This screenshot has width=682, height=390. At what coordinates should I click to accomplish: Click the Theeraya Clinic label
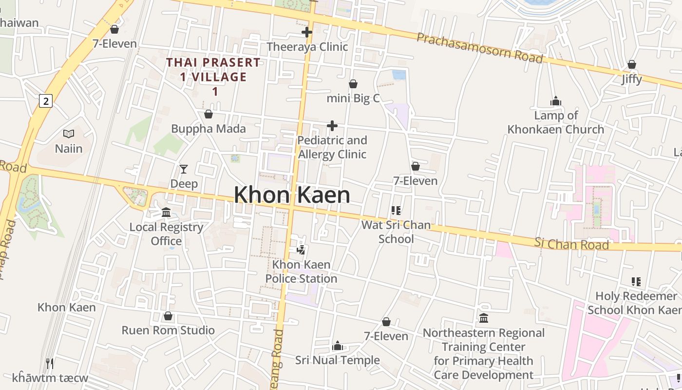(x=307, y=47)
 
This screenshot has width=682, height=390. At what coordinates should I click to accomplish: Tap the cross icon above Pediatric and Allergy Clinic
(x=332, y=126)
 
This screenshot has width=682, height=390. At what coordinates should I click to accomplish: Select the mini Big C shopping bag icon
(x=353, y=84)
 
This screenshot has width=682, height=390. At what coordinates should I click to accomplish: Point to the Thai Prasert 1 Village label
(x=213, y=77)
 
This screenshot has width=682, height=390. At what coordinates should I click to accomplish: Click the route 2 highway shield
(x=46, y=101)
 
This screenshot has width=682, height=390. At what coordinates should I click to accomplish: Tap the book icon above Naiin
(x=69, y=134)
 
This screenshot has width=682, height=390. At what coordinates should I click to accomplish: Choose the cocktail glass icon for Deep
(x=184, y=169)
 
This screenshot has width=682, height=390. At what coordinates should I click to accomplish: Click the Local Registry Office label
(x=166, y=234)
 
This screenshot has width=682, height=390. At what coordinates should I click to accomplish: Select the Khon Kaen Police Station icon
(x=301, y=250)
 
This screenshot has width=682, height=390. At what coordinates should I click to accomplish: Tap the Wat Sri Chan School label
(x=396, y=232)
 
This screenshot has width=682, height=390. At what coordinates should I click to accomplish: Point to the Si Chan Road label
(x=571, y=244)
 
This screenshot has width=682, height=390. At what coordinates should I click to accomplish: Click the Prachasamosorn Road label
(x=479, y=48)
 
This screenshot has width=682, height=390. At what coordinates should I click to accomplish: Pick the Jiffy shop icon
(x=632, y=64)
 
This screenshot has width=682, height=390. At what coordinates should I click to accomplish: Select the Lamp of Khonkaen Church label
(x=556, y=122)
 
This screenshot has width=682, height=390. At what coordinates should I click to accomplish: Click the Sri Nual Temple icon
(x=337, y=347)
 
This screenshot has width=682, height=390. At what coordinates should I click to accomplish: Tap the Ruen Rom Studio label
(x=168, y=330)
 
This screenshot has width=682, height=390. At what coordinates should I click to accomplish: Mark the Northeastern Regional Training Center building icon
(x=484, y=318)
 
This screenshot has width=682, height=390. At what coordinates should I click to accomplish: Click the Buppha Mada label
(x=208, y=129)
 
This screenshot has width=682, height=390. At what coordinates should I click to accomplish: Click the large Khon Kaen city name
(x=292, y=195)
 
